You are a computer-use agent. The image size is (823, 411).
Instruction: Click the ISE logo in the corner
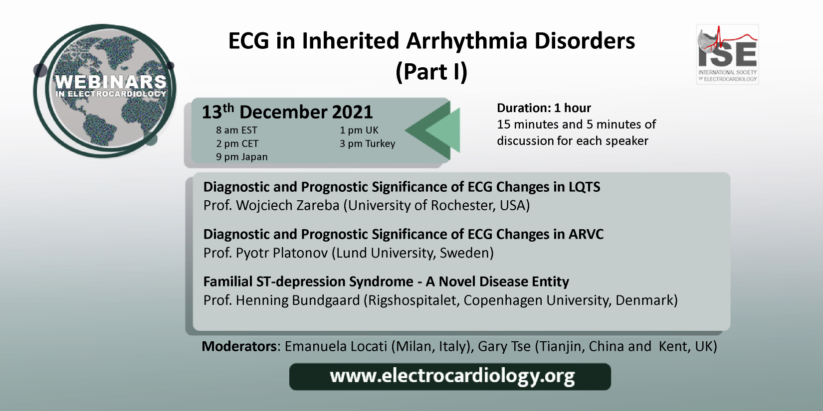click(727, 54)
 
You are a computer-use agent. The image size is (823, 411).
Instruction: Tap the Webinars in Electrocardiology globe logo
click(105, 91)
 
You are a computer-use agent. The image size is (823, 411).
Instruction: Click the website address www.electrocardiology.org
click(452, 376)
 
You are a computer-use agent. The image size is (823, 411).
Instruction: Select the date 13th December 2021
click(287, 112)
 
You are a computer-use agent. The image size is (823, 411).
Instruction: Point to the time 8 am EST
click(236, 130)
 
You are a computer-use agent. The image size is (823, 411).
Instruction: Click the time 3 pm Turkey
click(368, 143)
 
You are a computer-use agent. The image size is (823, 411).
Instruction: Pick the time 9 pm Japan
click(242, 157)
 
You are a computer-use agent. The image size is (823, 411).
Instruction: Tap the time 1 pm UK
click(359, 130)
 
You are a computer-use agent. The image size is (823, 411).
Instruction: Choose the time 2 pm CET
click(237, 143)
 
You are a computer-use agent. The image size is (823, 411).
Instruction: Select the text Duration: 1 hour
click(544, 108)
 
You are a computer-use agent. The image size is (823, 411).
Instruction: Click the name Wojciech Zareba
click(288, 205)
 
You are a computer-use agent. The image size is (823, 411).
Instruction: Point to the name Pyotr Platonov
click(282, 253)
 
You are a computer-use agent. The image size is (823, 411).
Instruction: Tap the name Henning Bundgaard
click(298, 300)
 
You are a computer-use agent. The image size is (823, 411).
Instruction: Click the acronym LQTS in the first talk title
click(585, 187)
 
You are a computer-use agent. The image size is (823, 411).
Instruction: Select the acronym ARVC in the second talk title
click(586, 234)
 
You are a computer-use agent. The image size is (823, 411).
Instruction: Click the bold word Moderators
click(239, 346)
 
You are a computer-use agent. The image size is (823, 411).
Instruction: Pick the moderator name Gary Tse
click(504, 346)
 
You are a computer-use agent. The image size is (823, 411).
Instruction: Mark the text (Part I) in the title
click(432, 72)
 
